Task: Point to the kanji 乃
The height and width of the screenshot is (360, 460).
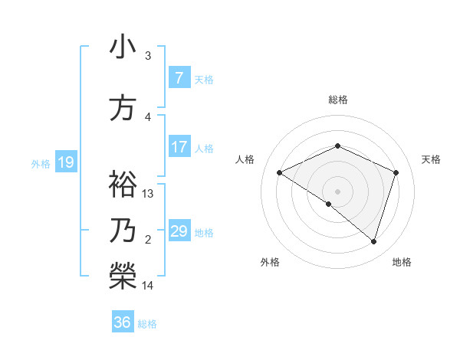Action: tap(123, 230)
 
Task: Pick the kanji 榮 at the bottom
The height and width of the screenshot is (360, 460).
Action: tap(123, 276)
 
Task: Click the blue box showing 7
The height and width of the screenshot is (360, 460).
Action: tap(179, 78)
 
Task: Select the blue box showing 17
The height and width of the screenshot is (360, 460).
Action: tap(179, 148)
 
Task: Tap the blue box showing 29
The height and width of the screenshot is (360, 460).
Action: tap(179, 231)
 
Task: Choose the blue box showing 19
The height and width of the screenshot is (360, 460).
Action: tap(65, 162)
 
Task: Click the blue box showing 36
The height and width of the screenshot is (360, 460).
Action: tap(123, 322)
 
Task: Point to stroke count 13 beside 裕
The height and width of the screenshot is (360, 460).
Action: tap(149, 194)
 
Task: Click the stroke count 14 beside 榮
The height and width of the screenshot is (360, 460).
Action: tap(149, 286)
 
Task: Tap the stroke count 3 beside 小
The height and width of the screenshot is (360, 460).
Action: tap(148, 56)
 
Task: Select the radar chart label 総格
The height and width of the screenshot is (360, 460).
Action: tap(337, 100)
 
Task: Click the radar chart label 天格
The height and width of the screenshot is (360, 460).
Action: tap(431, 159)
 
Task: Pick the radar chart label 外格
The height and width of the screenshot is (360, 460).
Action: tap(270, 262)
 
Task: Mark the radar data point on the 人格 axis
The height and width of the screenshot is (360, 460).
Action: tap(280, 173)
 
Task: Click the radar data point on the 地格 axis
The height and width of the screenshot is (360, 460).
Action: tap(373, 241)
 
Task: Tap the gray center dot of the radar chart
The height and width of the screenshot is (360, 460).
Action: tap(337, 191)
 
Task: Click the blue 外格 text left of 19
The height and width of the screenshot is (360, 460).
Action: tap(41, 163)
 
